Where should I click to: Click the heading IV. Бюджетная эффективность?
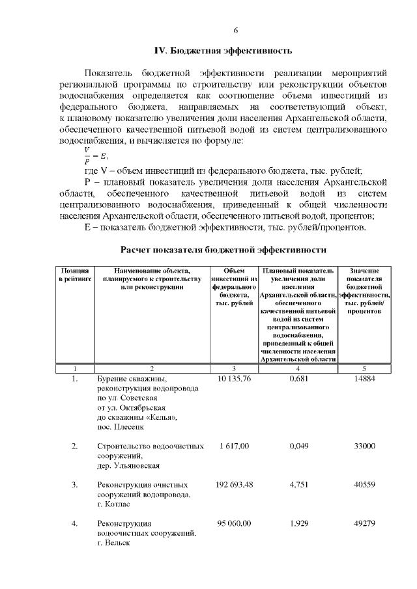[x=223, y=50]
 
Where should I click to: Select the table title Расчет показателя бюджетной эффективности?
[x=223, y=250]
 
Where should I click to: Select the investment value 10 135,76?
[x=234, y=378]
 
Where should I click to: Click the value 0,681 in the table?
[x=298, y=378]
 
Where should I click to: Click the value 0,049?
[x=298, y=446]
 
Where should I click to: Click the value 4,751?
[x=298, y=485]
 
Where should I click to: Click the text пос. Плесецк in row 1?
[x=120, y=427]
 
